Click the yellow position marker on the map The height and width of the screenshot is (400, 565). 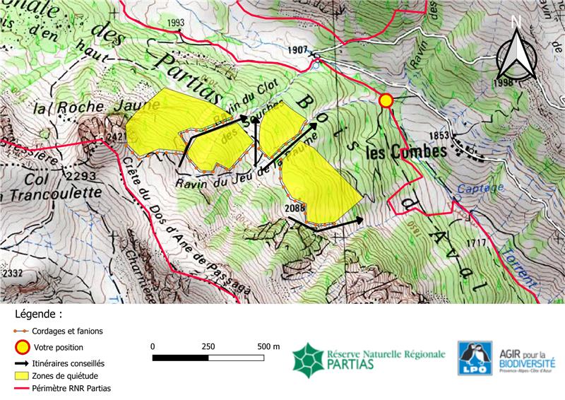pos(386,101)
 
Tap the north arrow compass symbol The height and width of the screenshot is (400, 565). pos(516,52)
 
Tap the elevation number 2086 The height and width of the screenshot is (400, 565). pos(297,208)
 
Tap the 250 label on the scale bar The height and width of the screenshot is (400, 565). pos(208,346)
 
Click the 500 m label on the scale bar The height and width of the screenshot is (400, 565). pos(268,346)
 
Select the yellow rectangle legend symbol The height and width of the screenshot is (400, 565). pos(23,375)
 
